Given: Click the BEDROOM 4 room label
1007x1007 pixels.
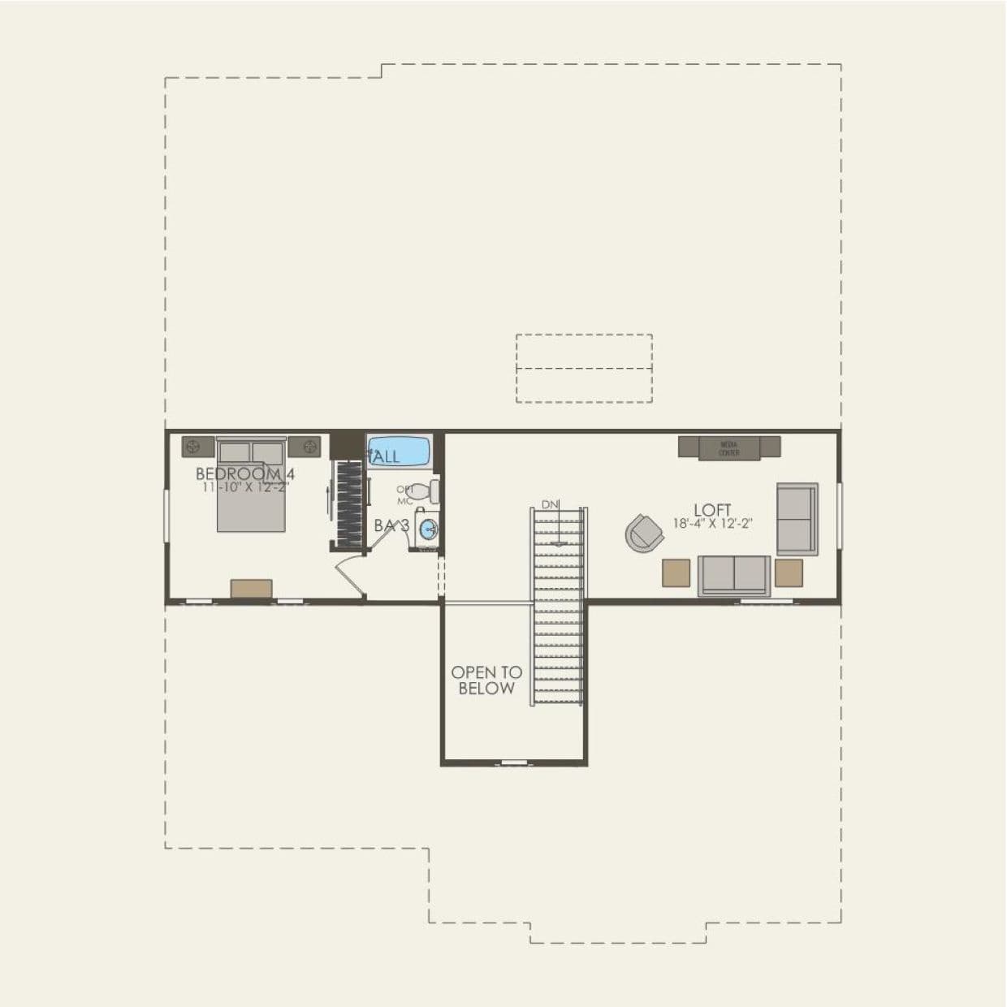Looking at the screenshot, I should pyautogui.click(x=244, y=473).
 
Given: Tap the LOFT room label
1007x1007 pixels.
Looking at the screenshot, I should pyautogui.click(x=712, y=511).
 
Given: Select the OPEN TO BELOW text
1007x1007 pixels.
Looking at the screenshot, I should pyautogui.click(x=486, y=681).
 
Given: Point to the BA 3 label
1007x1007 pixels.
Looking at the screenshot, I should pyautogui.click(x=391, y=526).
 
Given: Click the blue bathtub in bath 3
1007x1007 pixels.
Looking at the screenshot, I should pyautogui.click(x=399, y=452).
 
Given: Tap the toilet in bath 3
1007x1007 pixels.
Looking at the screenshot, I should pyautogui.click(x=424, y=491).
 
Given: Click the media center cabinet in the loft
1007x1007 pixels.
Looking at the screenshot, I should pyautogui.click(x=728, y=447).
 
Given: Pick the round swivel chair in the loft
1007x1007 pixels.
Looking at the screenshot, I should pyautogui.click(x=644, y=533).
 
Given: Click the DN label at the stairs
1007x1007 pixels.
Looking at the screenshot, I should pyautogui.click(x=551, y=504).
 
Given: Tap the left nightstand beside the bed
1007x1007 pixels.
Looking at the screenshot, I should pyautogui.click(x=197, y=446).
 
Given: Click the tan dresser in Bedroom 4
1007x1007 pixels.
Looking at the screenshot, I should pyautogui.click(x=251, y=588).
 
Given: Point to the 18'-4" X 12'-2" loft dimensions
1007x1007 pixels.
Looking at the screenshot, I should pyautogui.click(x=712, y=524).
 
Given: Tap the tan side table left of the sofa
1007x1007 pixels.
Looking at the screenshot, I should pyautogui.click(x=676, y=573).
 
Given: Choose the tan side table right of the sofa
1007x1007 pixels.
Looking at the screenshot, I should pyautogui.click(x=788, y=573).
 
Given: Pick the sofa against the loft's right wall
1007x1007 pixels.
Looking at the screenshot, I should pyautogui.click(x=797, y=519).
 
